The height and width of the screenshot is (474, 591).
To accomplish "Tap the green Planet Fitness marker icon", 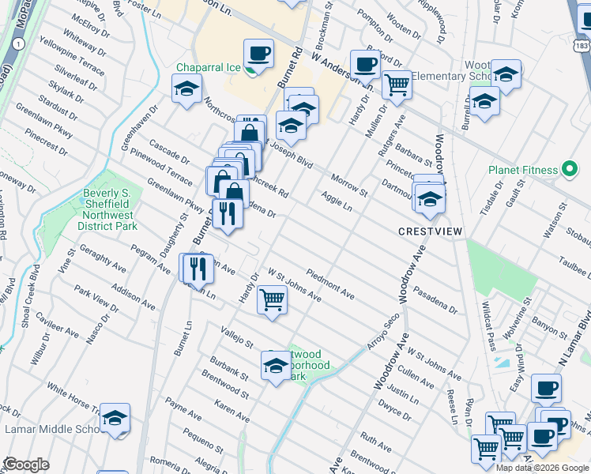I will [567, 170].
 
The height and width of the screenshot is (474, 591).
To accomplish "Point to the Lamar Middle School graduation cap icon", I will [115, 419].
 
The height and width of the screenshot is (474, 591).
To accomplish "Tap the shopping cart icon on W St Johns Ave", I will [272, 299].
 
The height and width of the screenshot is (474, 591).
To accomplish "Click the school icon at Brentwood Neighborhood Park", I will [275, 366].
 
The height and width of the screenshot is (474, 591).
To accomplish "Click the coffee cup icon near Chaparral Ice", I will [258, 53].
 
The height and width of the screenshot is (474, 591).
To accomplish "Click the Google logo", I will [27, 465].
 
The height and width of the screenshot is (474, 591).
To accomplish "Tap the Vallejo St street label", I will [236, 338].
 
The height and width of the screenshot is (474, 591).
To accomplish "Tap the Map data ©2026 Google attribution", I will [542, 467].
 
